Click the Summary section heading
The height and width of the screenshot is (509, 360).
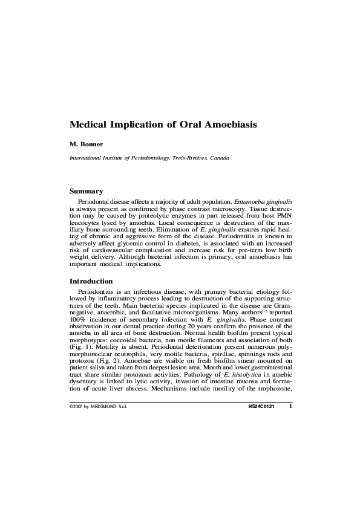(86, 191)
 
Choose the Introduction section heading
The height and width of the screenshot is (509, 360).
(91, 281)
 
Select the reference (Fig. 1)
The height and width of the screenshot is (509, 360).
(79, 349)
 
